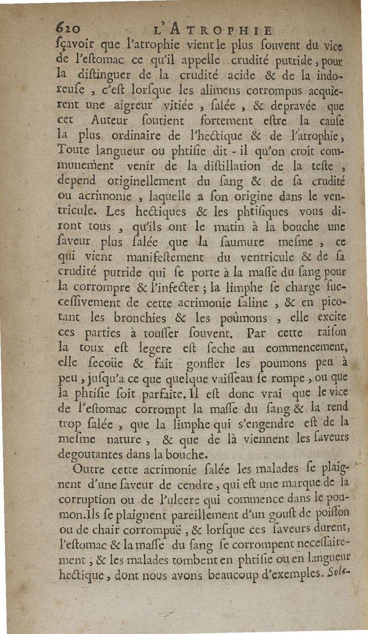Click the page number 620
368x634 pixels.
pyautogui.click(x=69, y=29)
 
